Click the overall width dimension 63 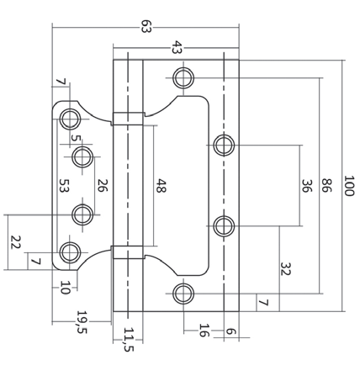coord(146,27)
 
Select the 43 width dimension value coord(176,48)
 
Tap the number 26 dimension coord(101,186)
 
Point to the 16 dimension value coord(203,330)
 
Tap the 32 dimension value coord(285,271)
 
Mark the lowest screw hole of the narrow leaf coord(69,251)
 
